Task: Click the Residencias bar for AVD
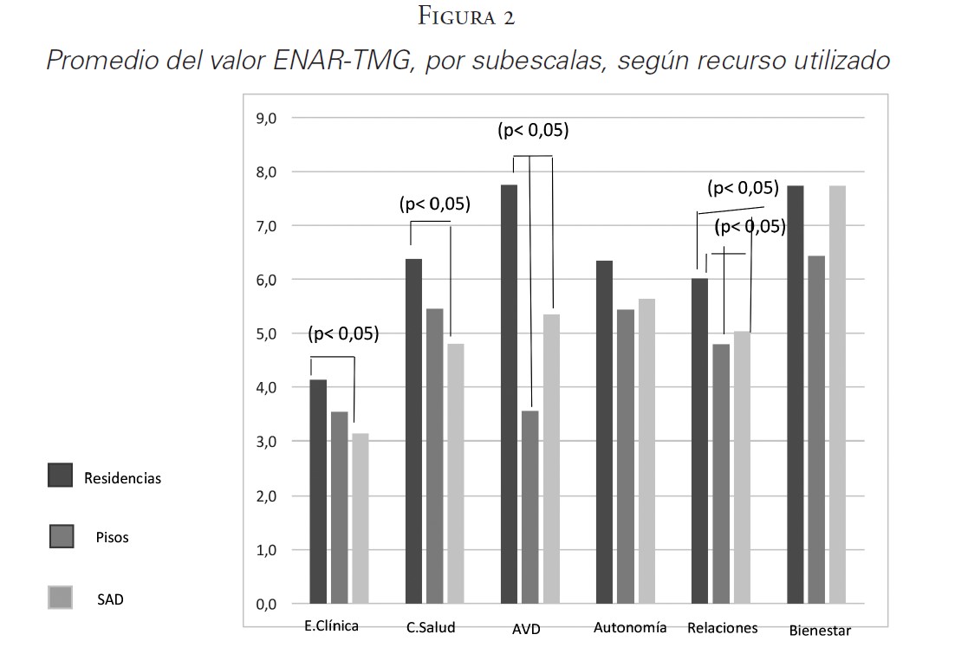(x=509, y=394)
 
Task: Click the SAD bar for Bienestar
(x=838, y=394)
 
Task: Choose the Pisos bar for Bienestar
(x=816, y=430)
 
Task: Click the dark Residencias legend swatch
(x=60, y=475)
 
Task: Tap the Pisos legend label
(x=112, y=537)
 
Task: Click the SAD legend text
(x=110, y=599)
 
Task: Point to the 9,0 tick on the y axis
(x=266, y=118)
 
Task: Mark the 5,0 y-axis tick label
(x=266, y=333)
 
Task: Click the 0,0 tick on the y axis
(x=266, y=605)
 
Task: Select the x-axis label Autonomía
(x=630, y=627)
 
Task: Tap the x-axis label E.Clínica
(x=331, y=625)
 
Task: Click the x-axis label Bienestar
(x=820, y=630)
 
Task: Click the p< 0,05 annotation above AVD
(x=532, y=131)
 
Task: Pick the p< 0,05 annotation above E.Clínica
(x=343, y=334)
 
